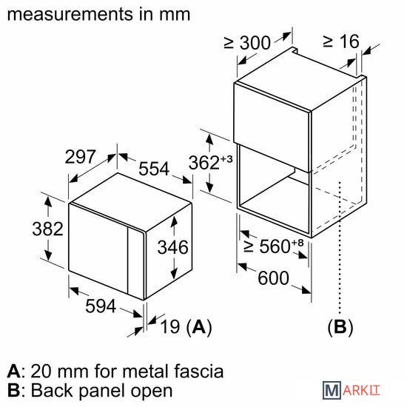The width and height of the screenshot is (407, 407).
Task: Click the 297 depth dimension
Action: tap(81, 157)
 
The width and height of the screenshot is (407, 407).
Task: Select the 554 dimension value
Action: tap(154, 169)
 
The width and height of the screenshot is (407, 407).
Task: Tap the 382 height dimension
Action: tap(48, 229)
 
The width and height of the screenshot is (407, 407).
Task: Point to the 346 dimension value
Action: tap(173, 247)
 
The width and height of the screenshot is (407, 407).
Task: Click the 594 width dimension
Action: tap(101, 306)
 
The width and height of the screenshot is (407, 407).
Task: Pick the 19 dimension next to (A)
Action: tap(170, 326)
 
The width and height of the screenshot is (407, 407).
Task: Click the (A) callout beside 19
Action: tap(199, 327)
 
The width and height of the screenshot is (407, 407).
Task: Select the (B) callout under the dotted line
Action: tap(340, 327)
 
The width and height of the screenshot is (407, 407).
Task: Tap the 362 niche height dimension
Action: tap(204, 163)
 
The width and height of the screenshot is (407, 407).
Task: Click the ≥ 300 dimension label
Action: tap(247, 43)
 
